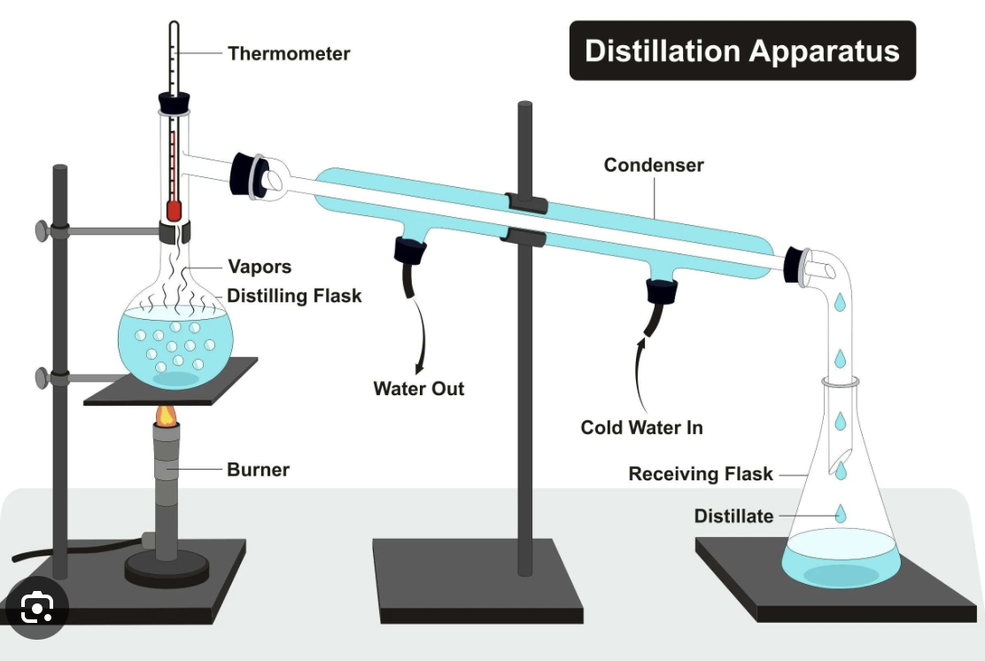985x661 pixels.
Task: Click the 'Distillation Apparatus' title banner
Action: (x=742, y=51)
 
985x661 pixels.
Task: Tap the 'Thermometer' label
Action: (x=289, y=53)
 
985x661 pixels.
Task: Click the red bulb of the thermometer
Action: (x=174, y=211)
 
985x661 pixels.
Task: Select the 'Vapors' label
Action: (x=260, y=267)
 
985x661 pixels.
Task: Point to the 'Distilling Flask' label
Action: (x=294, y=295)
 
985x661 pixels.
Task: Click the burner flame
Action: (x=167, y=415)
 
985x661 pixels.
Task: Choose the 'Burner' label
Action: (x=258, y=470)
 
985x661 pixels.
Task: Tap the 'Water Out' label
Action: (x=418, y=388)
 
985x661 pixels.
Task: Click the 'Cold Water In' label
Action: (x=641, y=427)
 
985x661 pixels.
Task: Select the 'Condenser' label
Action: (x=654, y=165)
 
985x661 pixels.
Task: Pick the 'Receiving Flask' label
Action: (x=701, y=474)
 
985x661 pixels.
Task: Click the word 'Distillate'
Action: (x=733, y=516)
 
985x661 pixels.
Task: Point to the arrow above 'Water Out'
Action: (x=420, y=336)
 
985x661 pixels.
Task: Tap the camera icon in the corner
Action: (x=36, y=608)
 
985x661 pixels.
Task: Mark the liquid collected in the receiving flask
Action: (x=841, y=558)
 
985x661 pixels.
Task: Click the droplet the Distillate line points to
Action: (x=841, y=513)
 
